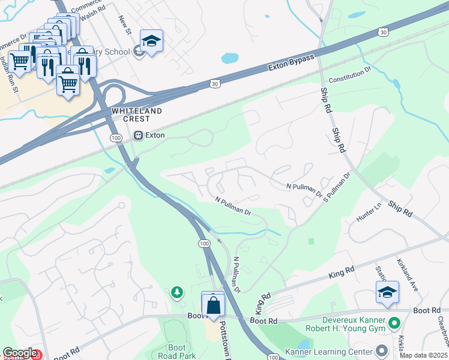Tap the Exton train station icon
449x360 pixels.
(x=139, y=136)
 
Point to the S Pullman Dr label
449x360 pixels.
(x=337, y=188)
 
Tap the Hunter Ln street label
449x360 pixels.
(x=369, y=213)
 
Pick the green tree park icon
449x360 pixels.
(x=176, y=292)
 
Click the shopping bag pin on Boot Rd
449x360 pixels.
(x=213, y=304)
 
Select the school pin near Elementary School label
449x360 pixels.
(x=151, y=41)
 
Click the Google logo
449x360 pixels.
(x=19, y=353)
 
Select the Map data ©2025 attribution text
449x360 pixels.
(x=423, y=355)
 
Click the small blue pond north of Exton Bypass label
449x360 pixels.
(x=230, y=58)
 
